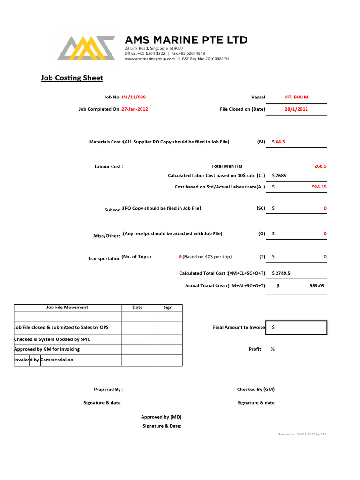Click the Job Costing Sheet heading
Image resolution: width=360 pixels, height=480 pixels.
[x=72, y=78]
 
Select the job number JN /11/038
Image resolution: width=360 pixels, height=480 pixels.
[x=136, y=97]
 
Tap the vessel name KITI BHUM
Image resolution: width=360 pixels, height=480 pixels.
[x=296, y=97]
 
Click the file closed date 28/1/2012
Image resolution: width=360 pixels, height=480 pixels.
[x=296, y=109]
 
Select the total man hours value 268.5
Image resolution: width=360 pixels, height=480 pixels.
[x=320, y=166]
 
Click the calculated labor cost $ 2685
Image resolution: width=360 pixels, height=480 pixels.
[x=279, y=175]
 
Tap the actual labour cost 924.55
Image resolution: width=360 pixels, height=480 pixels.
[x=319, y=187]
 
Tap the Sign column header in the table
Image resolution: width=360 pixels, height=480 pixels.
[x=168, y=307]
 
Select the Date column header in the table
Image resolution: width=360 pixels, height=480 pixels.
[x=137, y=307]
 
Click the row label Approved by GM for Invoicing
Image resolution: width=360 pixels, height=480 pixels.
[x=47, y=349]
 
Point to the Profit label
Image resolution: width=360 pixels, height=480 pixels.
[x=255, y=349]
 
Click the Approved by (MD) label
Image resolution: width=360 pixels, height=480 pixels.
[x=161, y=417]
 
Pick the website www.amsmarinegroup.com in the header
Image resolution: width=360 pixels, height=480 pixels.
[x=150, y=59]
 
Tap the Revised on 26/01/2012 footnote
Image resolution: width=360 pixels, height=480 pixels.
[x=302, y=434]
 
